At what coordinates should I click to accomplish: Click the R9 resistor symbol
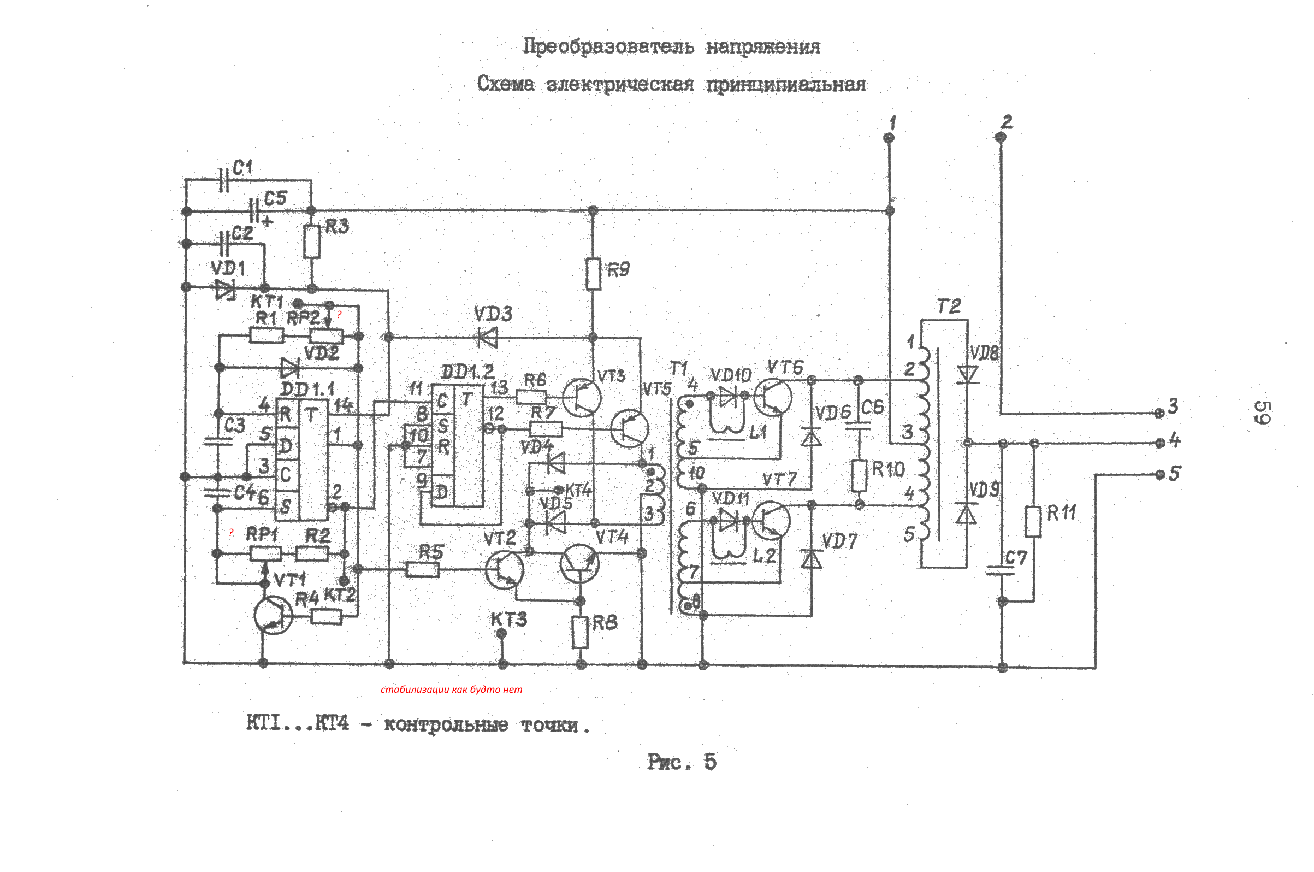[593, 274]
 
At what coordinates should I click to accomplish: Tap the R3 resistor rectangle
[312, 241]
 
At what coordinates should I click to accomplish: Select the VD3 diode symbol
[488, 337]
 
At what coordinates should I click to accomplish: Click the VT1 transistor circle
[273, 616]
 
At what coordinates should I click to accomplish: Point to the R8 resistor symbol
[580, 632]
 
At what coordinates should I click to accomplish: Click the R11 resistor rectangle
[1033, 521]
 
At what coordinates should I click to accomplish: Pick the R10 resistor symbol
[859, 475]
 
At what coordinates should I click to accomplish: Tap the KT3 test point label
[508, 620]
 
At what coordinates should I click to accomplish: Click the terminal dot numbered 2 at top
[1001, 137]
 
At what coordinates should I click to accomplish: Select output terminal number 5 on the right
[1159, 475]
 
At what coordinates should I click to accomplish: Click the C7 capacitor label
[1016, 558]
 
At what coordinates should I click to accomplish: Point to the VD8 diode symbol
[968, 374]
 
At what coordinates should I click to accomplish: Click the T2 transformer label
[948, 307]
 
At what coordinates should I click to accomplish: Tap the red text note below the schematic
[451, 690]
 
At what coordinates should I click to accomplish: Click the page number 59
[1262, 412]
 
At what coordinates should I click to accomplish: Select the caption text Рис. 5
[682, 762]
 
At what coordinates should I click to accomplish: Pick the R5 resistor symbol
[423, 569]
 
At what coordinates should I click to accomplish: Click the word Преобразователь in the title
[608, 46]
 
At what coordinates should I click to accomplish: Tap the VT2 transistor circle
[504, 569]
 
